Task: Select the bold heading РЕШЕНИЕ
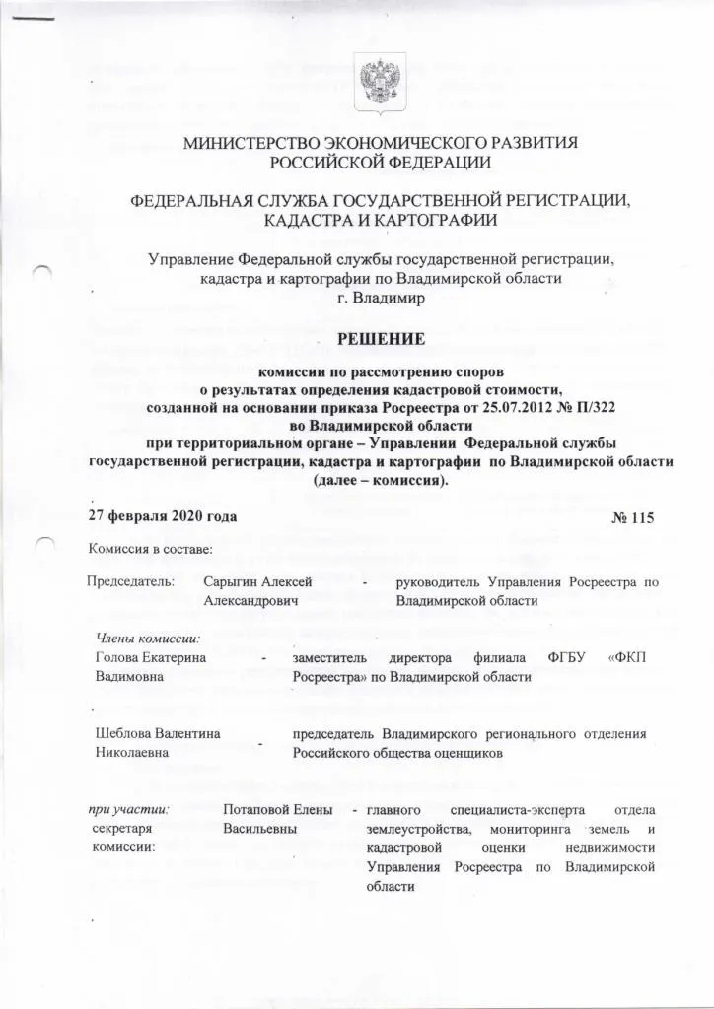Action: click(x=381, y=340)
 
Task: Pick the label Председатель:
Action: click(x=131, y=582)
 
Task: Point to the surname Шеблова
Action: click(x=123, y=733)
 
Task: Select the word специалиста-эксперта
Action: click(x=516, y=810)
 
